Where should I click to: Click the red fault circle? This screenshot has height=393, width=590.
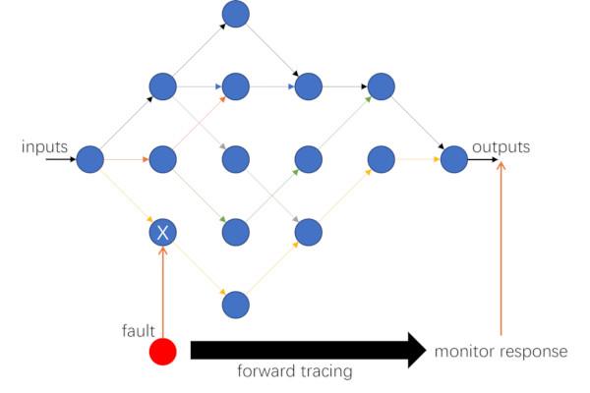(x=163, y=352)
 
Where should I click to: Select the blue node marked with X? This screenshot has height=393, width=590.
(x=162, y=233)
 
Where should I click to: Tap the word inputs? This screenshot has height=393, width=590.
(x=44, y=147)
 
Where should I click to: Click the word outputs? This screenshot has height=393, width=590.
(x=501, y=147)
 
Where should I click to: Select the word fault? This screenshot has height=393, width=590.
(x=138, y=331)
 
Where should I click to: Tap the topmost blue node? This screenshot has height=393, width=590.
(x=236, y=14)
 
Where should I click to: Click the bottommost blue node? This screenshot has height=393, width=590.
(x=236, y=305)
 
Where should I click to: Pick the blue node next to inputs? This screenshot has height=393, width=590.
(x=89, y=158)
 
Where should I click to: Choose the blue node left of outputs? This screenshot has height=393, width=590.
(x=453, y=158)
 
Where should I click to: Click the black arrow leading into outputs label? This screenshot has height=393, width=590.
(x=481, y=158)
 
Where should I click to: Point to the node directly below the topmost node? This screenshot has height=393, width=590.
(x=236, y=85)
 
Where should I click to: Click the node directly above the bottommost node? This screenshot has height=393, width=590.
(x=236, y=232)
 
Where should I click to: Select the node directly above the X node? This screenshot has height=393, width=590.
(x=162, y=158)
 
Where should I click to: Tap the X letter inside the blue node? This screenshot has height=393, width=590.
(x=162, y=233)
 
